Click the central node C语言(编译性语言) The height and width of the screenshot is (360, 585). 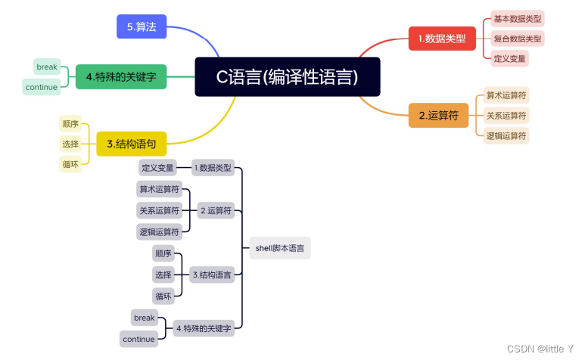coord(287,76)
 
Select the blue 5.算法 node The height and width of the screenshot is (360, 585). coord(142,26)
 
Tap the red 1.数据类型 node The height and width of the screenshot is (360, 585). coord(442,38)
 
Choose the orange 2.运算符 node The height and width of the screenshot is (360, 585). coord(438,116)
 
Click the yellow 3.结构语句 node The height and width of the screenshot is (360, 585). coord(131,143)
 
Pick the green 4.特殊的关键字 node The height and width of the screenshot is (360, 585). coord(121,76)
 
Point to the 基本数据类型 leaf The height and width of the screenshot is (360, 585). coord(518,18)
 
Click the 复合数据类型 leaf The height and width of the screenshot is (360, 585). coord(518,38)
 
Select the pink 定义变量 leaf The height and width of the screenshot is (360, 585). coord(509,58)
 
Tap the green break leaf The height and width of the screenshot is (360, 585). coord(47,67)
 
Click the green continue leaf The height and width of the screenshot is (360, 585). coord(42,87)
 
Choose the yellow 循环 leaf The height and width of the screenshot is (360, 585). coord(70,163)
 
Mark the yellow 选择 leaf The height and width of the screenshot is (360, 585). coord(70,144)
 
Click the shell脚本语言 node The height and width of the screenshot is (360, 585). coord(280,248)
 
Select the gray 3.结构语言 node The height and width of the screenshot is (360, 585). coord(212,275)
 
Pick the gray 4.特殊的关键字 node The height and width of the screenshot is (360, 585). coord(204,328)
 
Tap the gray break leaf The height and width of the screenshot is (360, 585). coord(144,318)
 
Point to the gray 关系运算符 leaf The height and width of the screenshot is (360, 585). coord(159,210)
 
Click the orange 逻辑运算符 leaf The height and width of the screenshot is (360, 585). coord(506,136)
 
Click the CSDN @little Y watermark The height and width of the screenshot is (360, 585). coord(540,349)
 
